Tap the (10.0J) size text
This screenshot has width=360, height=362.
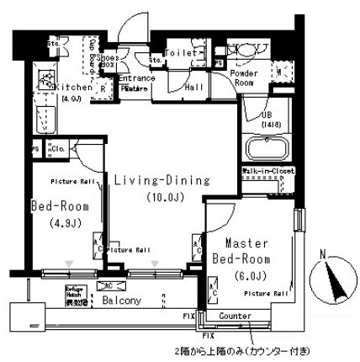[x=151, y=198]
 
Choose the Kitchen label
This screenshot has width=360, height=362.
[x=73, y=87]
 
